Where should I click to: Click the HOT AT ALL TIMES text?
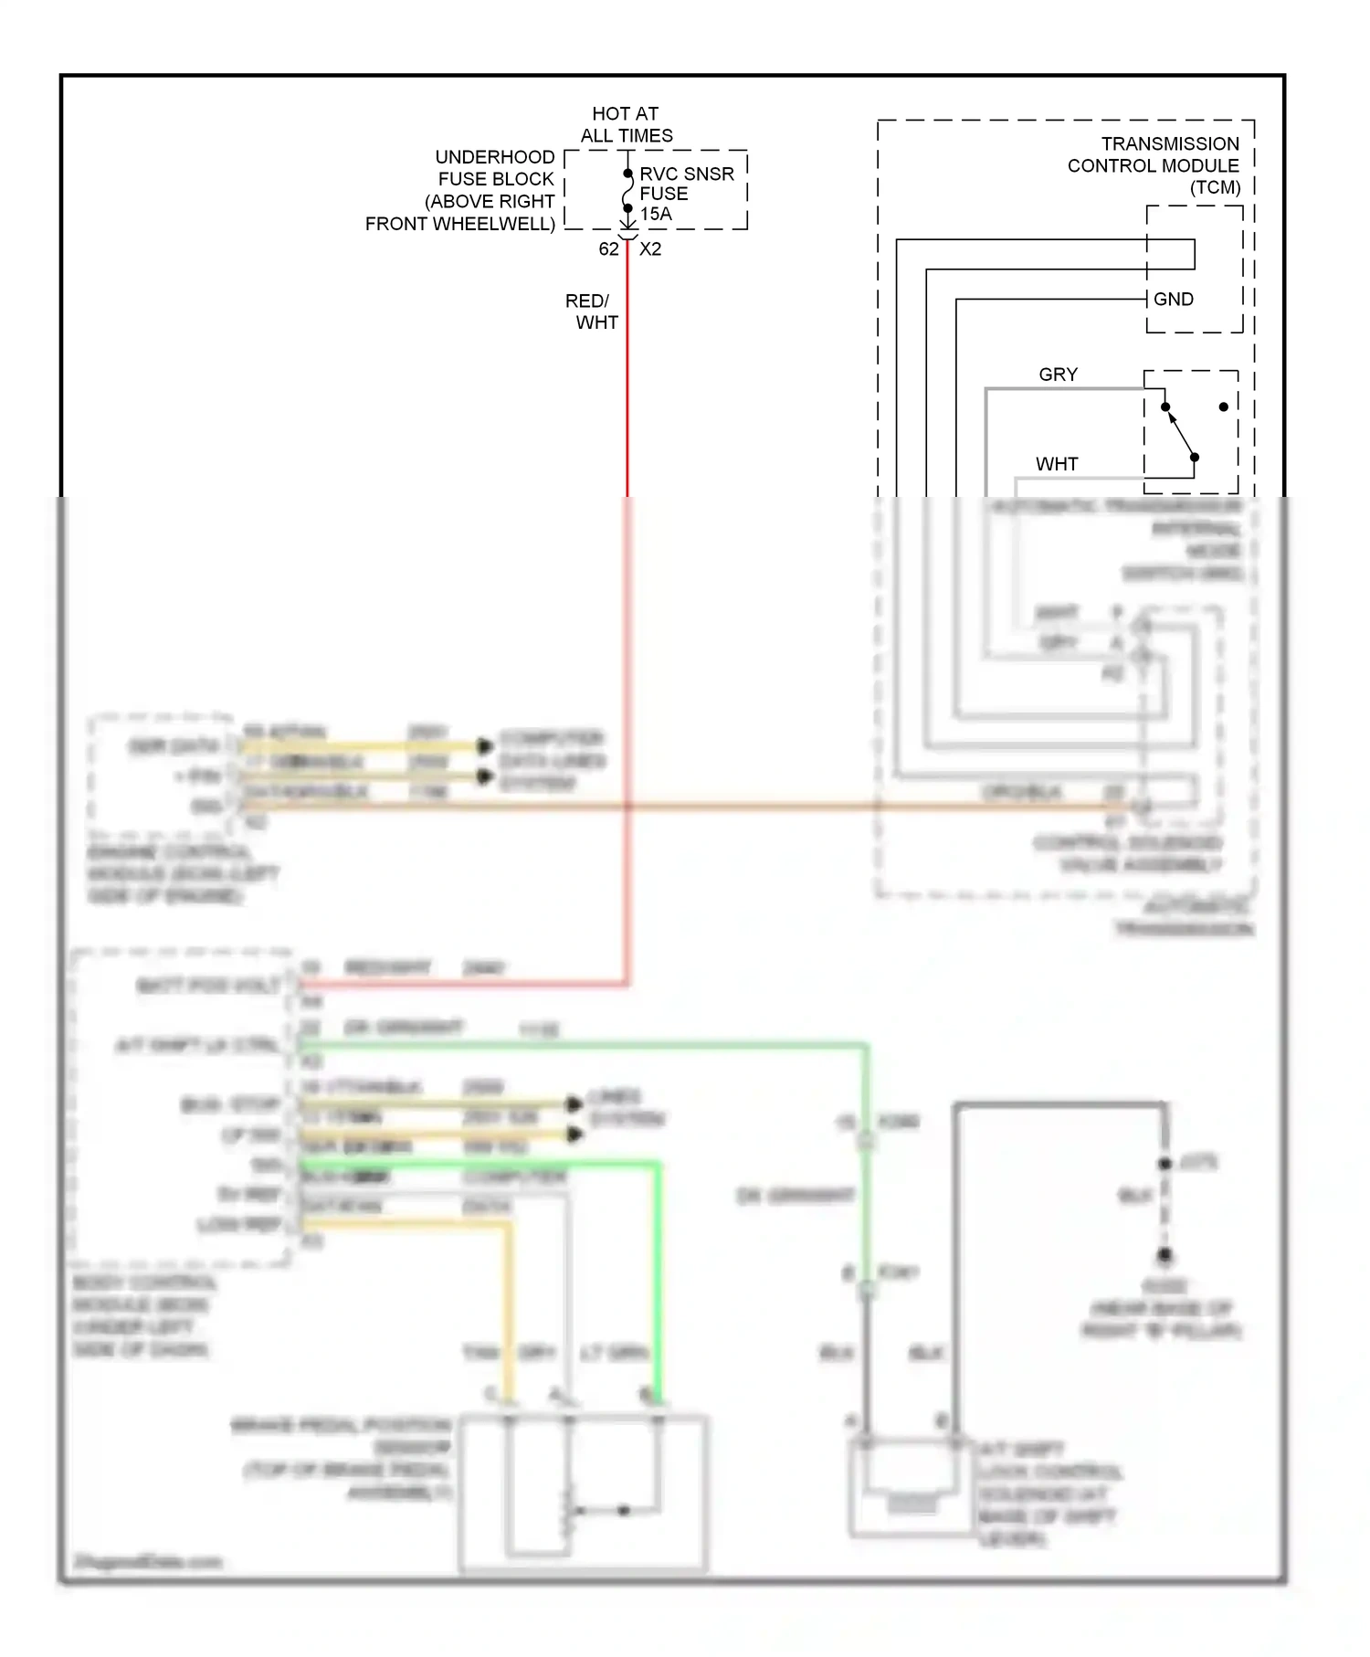coord(626,124)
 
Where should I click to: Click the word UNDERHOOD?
coord(494,157)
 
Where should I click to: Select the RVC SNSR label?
coord(686,174)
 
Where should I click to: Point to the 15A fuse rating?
coord(656,214)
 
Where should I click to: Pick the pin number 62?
coord(608,248)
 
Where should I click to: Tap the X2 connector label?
coord(650,248)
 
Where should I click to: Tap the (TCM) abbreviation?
coord(1215,187)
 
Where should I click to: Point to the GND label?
coord(1173,299)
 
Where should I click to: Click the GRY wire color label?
coord(1058,375)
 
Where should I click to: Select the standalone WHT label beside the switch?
coord(1056,464)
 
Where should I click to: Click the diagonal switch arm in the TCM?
coord(1181,433)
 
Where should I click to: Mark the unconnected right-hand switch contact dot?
coord(1224,406)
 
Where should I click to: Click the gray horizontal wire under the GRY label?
coord(1059,390)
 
